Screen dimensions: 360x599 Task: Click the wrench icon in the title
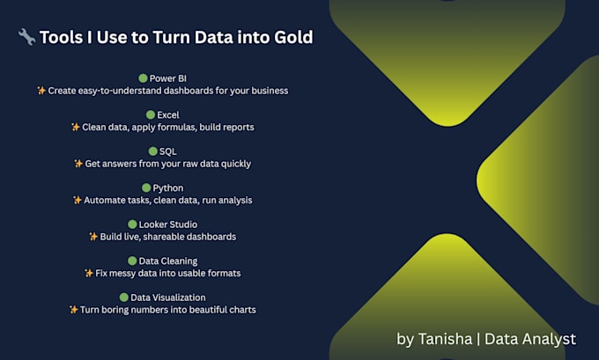point(26,37)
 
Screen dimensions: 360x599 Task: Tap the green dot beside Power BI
point(143,78)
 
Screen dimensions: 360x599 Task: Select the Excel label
point(168,115)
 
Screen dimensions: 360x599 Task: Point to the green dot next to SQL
point(152,151)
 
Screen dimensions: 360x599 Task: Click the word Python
point(166,188)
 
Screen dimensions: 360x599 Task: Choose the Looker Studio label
point(168,224)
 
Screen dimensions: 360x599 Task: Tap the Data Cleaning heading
point(167,261)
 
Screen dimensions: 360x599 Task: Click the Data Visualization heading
point(167,298)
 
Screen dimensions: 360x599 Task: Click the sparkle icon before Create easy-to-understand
point(41,91)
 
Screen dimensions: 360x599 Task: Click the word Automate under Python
point(104,201)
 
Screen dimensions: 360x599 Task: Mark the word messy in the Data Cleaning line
point(123,274)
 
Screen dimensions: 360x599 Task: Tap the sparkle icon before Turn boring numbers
point(73,310)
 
